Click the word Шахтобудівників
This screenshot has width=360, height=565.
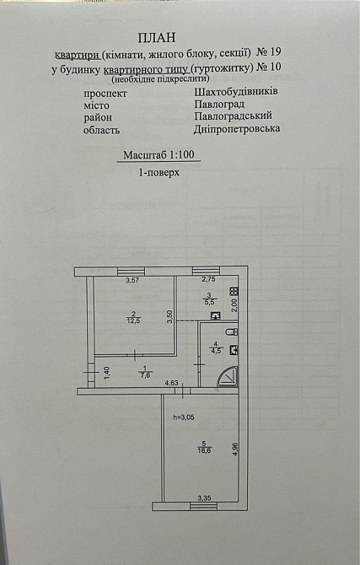(237, 91)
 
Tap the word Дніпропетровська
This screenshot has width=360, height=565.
(237, 129)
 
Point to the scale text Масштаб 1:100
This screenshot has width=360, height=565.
(158, 156)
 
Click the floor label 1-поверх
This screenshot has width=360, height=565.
(159, 171)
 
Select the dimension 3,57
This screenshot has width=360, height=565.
(132, 279)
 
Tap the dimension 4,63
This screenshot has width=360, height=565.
(171, 384)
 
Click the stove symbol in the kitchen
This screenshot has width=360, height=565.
(234, 292)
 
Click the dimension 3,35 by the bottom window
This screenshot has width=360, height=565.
(203, 498)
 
